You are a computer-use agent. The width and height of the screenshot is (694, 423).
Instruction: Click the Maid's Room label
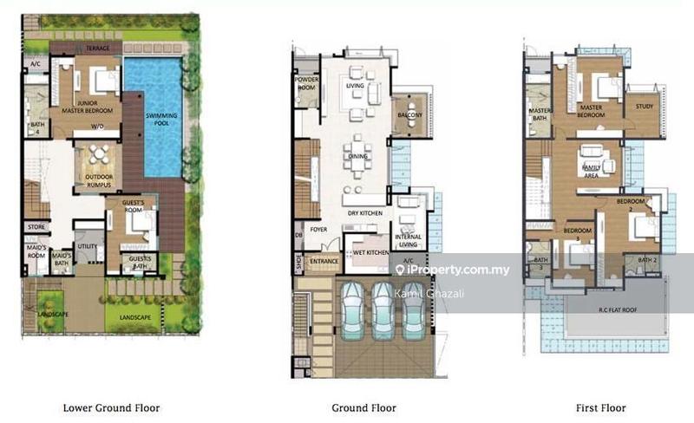click(36, 252)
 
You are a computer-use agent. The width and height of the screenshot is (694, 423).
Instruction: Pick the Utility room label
click(88, 247)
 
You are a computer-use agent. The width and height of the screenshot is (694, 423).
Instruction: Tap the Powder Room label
click(308, 83)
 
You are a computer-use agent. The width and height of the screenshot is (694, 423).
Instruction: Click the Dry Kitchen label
click(363, 213)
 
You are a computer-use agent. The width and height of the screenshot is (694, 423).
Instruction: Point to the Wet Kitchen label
click(371, 252)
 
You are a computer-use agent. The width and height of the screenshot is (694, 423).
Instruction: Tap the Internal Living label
click(408, 239)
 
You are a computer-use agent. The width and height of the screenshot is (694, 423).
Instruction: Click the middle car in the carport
click(383, 309)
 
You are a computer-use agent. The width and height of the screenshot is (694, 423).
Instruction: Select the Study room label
click(644, 107)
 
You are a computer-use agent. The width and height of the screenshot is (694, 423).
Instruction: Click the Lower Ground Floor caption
click(111, 407)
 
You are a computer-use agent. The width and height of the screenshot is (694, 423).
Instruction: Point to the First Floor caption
click(600, 407)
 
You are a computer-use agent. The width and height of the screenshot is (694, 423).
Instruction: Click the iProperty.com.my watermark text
click(457, 270)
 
